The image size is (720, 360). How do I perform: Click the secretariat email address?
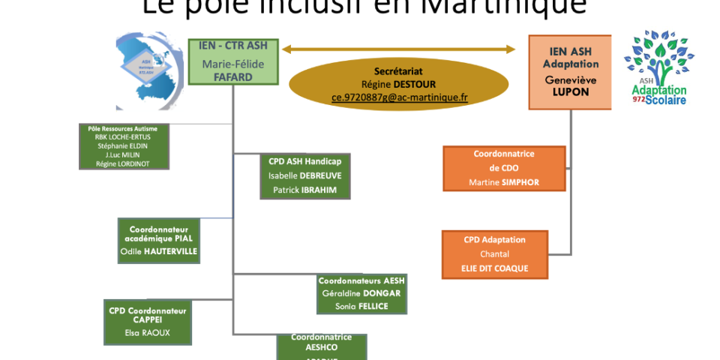coord(399,97)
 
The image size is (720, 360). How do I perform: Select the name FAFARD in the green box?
coord(232,76)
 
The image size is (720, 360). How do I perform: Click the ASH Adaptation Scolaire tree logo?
coord(659,67)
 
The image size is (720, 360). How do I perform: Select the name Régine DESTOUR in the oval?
coord(399,84)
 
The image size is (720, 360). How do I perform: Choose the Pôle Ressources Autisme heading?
coord(123,129)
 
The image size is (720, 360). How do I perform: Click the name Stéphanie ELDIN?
coord(123,145)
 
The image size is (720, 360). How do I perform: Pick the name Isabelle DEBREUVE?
coord(304,175)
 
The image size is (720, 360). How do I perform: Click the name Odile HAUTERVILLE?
coord(159,251)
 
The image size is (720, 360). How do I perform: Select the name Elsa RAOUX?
coord(148,332)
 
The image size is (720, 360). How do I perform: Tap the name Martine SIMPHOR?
coord(504,182)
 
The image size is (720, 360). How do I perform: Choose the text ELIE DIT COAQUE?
coord(494,268)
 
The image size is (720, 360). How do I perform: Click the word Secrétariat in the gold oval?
coord(399,71)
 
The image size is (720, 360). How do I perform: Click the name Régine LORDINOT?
coord(123,163)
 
